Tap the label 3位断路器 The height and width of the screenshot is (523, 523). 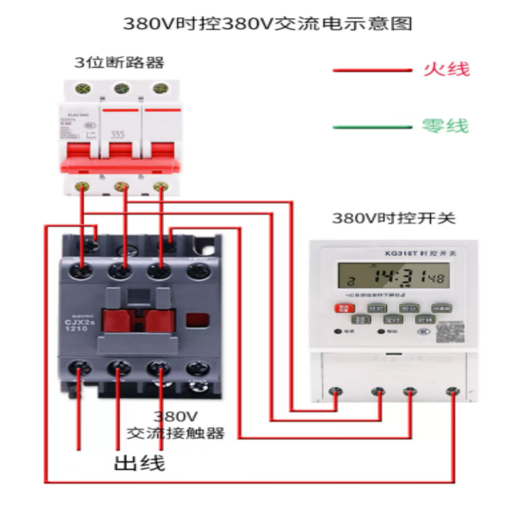(x=119, y=63)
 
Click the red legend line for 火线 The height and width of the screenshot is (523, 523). (x=370, y=69)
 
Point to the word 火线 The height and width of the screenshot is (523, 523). (x=447, y=69)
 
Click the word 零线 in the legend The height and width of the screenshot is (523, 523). (x=446, y=126)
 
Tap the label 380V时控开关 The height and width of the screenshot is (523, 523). (x=393, y=218)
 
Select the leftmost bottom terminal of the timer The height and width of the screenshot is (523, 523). (x=337, y=392)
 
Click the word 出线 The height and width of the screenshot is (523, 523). (x=139, y=463)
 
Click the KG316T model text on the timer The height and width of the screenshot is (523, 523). (x=395, y=252)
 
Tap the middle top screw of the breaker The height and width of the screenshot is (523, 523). (x=120, y=88)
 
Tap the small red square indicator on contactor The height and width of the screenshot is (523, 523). (x=195, y=320)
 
